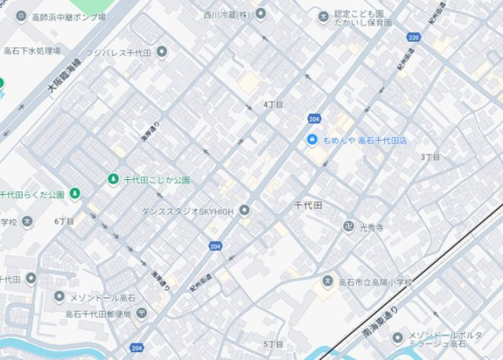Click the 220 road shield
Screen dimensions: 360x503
click(414, 37)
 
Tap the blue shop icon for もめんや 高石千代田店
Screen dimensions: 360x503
click(312, 140)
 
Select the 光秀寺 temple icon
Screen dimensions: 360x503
click(347, 227)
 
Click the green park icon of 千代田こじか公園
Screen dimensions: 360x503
click(112, 180)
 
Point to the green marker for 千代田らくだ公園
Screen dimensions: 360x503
click(75, 193)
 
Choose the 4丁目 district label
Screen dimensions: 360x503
click(274, 105)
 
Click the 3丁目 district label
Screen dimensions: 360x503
click(430, 157)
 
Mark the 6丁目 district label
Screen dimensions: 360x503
click(64, 222)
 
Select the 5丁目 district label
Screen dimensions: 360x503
click(274, 344)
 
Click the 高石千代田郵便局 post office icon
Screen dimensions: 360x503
click(141, 314)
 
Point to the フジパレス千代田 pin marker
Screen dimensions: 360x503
click(162, 53)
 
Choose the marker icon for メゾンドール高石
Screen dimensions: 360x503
click(59, 297)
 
